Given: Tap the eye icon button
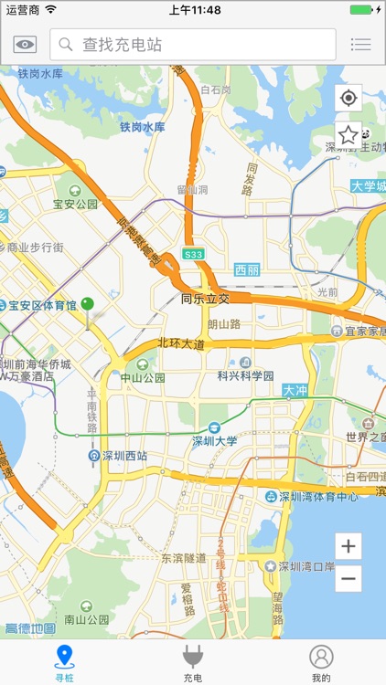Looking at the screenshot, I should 25,44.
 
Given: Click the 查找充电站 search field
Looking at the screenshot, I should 193,44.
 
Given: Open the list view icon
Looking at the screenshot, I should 361,44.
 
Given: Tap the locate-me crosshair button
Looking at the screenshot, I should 348,98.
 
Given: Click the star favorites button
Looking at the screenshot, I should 348,135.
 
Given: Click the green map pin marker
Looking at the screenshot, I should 88,305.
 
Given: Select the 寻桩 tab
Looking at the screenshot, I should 64,662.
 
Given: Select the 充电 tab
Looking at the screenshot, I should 192,662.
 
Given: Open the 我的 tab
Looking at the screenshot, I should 320,662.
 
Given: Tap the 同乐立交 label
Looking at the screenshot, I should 205,299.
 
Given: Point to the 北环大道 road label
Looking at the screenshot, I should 180,343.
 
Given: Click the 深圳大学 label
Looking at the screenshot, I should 215,440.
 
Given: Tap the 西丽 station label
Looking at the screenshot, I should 247,269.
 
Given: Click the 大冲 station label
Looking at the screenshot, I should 295,391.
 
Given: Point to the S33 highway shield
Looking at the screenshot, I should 193,254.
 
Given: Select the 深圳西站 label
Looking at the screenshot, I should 124,456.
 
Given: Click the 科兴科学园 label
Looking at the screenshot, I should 245,374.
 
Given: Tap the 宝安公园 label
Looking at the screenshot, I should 75,205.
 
